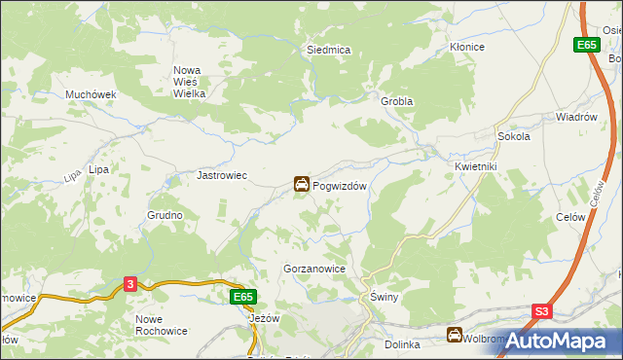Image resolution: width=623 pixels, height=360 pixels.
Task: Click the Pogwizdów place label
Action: click(x=340, y=185)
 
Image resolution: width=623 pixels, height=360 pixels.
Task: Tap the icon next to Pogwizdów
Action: click(x=302, y=184)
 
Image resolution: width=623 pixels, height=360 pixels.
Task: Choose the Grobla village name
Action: click(x=397, y=101)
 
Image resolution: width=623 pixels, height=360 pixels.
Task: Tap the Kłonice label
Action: click(x=466, y=47)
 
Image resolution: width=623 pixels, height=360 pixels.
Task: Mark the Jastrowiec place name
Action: click(x=223, y=176)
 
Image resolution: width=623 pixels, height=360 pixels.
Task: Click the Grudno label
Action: click(x=165, y=214)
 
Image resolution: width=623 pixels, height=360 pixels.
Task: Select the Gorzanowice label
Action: click(x=314, y=268)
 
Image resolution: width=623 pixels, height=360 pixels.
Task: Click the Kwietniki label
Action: click(x=476, y=166)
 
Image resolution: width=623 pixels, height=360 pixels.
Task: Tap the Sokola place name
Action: click(x=513, y=137)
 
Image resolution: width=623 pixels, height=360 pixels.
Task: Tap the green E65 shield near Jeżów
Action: click(x=243, y=296)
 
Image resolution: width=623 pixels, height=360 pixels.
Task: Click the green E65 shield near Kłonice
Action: click(x=585, y=45)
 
